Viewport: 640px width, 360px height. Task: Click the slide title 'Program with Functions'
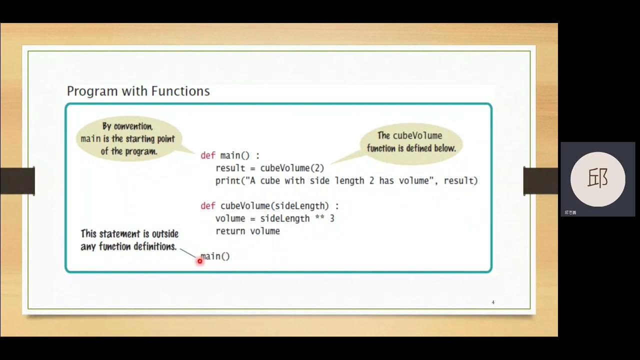[138, 91]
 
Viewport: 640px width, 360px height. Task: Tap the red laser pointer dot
[199, 261]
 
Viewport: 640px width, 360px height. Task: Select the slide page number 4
[493, 302]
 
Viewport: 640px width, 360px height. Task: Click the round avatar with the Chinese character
[597, 179]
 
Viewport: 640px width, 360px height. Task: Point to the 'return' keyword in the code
[230, 231]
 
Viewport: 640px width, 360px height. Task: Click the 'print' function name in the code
[227, 180]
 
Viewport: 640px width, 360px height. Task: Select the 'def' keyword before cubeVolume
[207, 205]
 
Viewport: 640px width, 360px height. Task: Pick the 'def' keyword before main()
[207, 155]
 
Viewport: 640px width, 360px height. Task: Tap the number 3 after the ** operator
[332, 218]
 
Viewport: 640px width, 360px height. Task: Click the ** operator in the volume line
[319, 218]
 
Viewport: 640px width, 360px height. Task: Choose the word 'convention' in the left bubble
[133, 126]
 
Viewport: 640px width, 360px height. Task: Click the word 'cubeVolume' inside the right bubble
[417, 135]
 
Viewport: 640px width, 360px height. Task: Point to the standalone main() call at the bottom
[215, 256]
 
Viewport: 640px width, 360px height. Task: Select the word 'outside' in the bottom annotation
[164, 233]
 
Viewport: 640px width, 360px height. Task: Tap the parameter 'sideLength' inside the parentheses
[304, 205]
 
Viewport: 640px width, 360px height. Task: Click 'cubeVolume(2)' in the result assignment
[292, 168]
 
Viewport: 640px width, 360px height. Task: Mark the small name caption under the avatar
[570, 212]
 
